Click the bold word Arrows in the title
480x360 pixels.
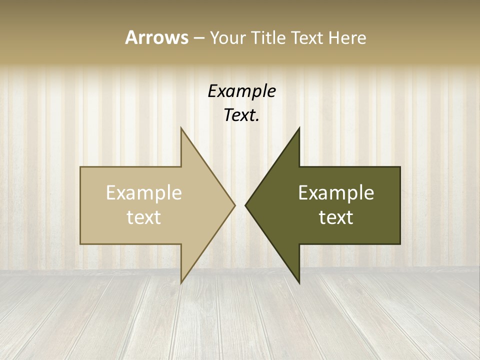coord(156,37)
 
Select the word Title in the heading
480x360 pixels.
coord(270,38)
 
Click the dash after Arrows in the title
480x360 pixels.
coord(198,38)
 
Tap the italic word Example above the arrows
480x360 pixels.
coord(241,91)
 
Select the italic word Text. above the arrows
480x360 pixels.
coord(241,115)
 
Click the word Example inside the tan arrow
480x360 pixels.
coord(144,193)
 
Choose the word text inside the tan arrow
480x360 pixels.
coord(144,217)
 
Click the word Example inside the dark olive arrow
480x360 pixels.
coord(336,193)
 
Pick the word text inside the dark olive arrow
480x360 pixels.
coord(336,217)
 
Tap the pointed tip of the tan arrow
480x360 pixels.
coord(234,205)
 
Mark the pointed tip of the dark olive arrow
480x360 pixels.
coord(246,205)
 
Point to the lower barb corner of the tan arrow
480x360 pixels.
coord(181,282)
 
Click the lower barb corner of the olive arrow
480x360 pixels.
coord(299,282)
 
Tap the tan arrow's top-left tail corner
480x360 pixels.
coord(81,167)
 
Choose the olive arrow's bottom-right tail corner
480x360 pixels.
coord(400,243)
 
